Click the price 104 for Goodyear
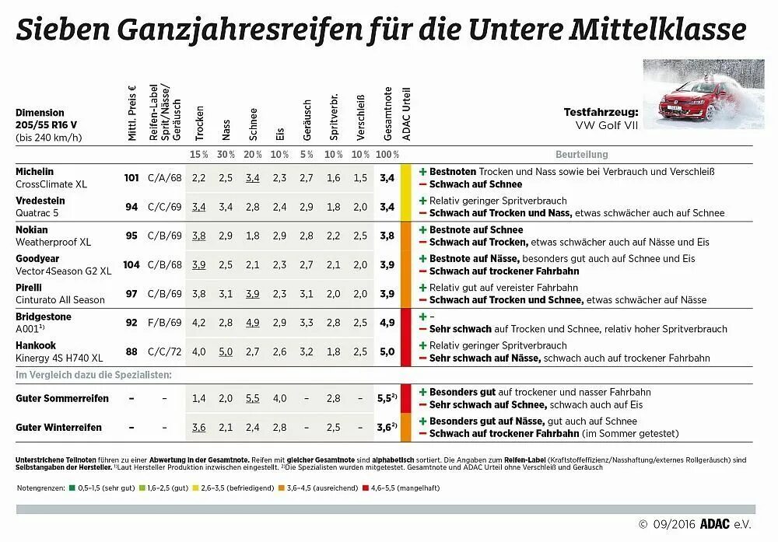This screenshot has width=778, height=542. point(131,264)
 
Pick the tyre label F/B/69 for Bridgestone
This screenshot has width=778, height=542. point(164,323)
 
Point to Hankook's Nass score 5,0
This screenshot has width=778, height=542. point(226,351)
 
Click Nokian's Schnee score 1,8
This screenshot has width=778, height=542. point(253,236)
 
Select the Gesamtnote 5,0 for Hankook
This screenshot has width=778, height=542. point(387,351)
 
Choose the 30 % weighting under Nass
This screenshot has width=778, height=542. point(226,154)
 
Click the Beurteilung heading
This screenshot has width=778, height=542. point(582,154)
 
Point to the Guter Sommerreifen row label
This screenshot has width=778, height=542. point(62,398)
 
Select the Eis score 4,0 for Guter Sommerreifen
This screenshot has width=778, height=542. point(280,398)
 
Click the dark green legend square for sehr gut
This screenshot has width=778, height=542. point(72,488)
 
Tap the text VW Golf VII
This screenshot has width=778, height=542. point(606,124)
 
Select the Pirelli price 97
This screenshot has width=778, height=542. point(131,293)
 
